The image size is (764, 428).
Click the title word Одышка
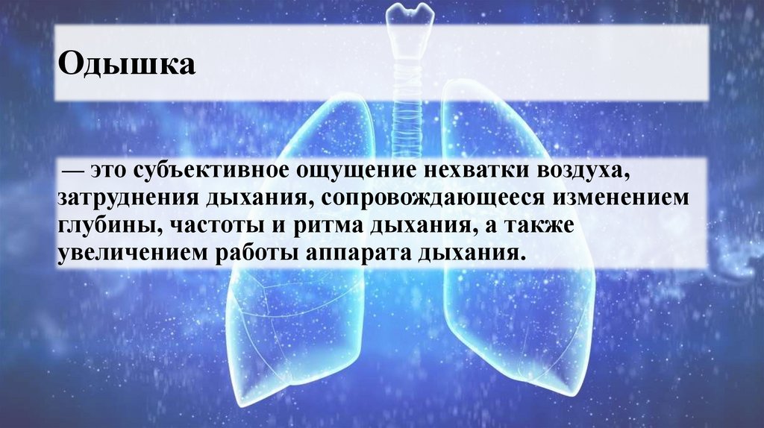[x=127, y=64]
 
